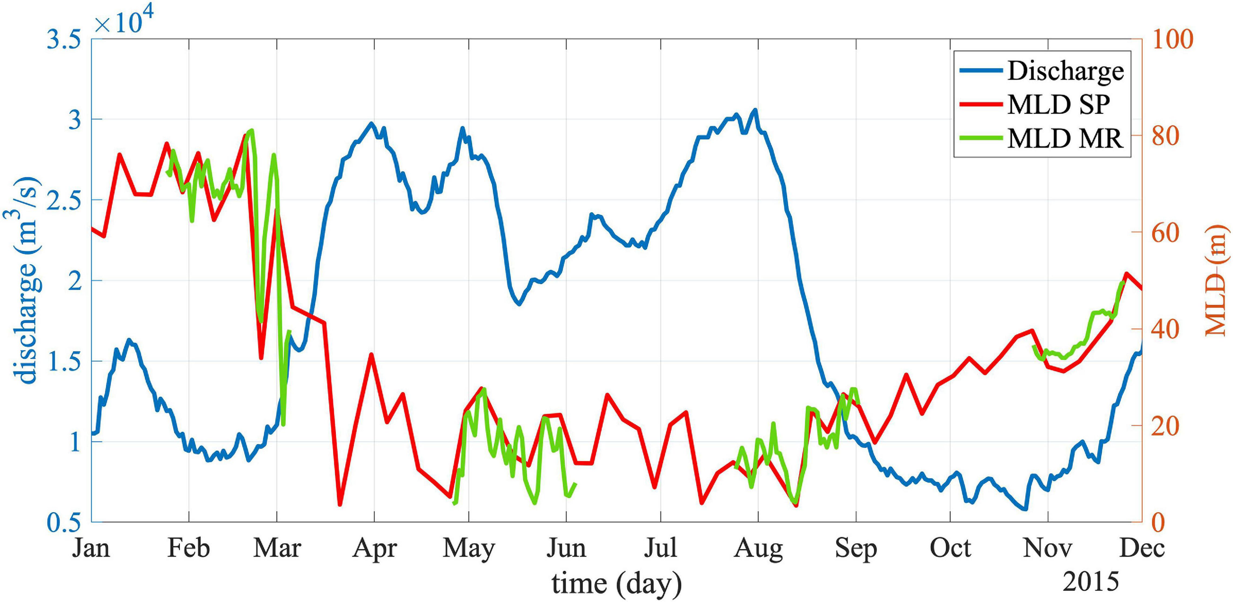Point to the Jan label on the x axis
coord(91,548)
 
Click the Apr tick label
coord(374,548)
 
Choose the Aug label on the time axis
coord(758,548)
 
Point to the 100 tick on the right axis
coord(1172,39)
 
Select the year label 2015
coord(1091,582)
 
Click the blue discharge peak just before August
coord(755,110)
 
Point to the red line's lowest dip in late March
coord(340,504)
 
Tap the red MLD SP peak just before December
coord(1126,273)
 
